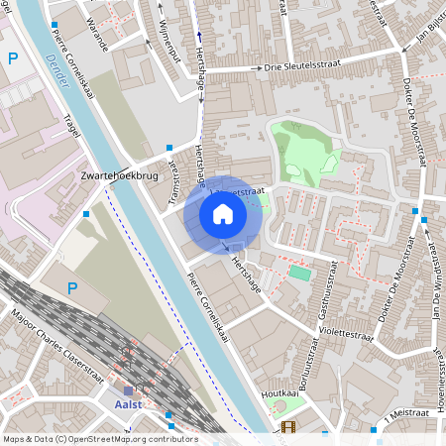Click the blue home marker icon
pyautogui.click(x=223, y=214)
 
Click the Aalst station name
pyautogui.click(x=129, y=404)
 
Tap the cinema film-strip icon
pyautogui.click(x=287, y=427)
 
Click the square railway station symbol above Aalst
pyautogui.click(x=129, y=390)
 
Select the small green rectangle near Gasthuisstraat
pyautogui.click(x=299, y=272)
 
